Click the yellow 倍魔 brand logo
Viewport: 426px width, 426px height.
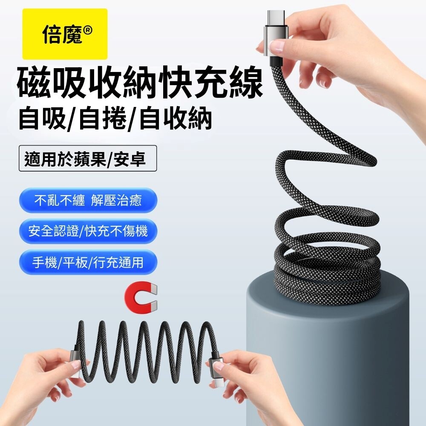point(65,34)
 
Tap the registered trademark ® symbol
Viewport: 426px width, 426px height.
point(87,30)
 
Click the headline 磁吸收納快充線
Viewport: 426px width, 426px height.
point(140,83)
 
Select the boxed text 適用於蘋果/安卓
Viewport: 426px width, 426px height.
point(88,158)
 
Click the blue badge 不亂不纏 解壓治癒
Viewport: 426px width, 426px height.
point(88,201)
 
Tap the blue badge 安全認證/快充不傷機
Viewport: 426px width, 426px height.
point(88,231)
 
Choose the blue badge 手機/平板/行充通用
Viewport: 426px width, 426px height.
point(88,262)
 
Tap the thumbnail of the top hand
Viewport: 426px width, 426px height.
point(278,46)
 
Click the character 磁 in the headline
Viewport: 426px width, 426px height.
point(35,83)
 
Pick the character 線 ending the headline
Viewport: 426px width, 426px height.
point(246,83)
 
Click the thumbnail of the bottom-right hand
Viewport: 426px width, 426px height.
point(219,366)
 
